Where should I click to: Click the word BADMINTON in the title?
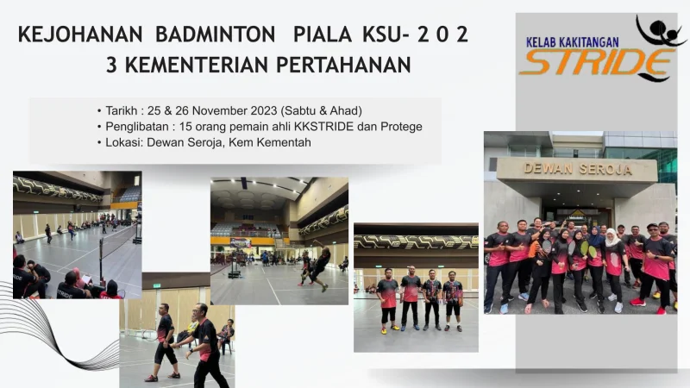[x=215, y=34]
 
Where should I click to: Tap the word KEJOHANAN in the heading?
[x=80, y=34]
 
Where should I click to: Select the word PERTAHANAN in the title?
[x=343, y=66]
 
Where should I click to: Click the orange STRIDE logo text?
[x=596, y=62]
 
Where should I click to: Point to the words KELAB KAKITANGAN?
[x=573, y=42]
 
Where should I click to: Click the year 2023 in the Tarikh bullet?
[x=264, y=110]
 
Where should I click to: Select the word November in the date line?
[x=220, y=110]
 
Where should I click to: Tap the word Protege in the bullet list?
[x=401, y=127]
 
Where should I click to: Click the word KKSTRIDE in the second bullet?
[x=324, y=127]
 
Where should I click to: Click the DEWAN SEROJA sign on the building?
[x=578, y=169]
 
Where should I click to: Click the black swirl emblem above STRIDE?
[x=660, y=31]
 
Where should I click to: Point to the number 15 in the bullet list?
[x=185, y=127]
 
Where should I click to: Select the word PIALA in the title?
[x=323, y=34]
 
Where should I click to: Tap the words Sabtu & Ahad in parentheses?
[x=321, y=110]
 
